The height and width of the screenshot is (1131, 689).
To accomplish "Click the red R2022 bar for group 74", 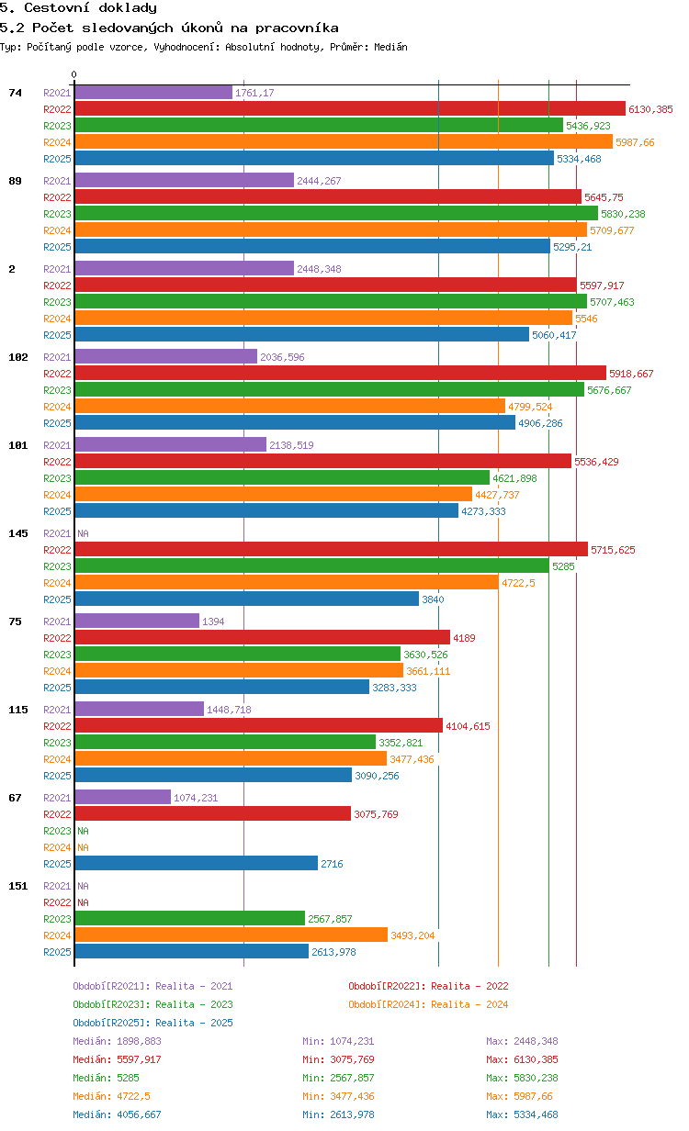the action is pyautogui.click(x=350, y=108).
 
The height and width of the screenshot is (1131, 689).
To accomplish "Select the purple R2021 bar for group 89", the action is pyautogui.click(x=185, y=180).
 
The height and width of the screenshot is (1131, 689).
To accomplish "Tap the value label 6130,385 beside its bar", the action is pyautogui.click(x=650, y=109).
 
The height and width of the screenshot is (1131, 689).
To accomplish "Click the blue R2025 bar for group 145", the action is pyautogui.click(x=247, y=599).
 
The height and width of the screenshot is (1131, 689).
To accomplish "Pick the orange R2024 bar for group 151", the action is pyautogui.click(x=232, y=935).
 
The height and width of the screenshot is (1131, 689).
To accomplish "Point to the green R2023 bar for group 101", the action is pyautogui.click(x=282, y=477).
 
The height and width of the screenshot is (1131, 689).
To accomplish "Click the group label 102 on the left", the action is pyautogui.click(x=18, y=357).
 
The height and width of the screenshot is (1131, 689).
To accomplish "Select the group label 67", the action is pyautogui.click(x=15, y=798).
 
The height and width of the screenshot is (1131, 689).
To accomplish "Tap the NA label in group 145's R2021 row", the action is pyautogui.click(x=83, y=533).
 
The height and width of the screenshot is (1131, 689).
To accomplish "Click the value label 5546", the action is pyautogui.click(x=586, y=319).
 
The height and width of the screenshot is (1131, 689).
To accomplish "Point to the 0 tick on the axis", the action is pyautogui.click(x=73, y=74).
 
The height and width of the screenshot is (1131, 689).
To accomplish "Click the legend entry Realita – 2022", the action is pyautogui.click(x=428, y=986).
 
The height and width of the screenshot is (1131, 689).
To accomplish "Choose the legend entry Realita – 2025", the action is pyautogui.click(x=152, y=1023).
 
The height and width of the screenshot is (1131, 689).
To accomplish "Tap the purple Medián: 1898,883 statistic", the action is pyautogui.click(x=117, y=1041).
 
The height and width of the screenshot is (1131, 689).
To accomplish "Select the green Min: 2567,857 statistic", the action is pyautogui.click(x=338, y=1078).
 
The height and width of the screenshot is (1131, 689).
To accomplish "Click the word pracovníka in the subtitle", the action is pyautogui.click(x=297, y=28).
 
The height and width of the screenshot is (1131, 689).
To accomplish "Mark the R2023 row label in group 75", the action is pyautogui.click(x=57, y=655).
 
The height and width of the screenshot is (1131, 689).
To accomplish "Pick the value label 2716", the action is pyautogui.click(x=332, y=864).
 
